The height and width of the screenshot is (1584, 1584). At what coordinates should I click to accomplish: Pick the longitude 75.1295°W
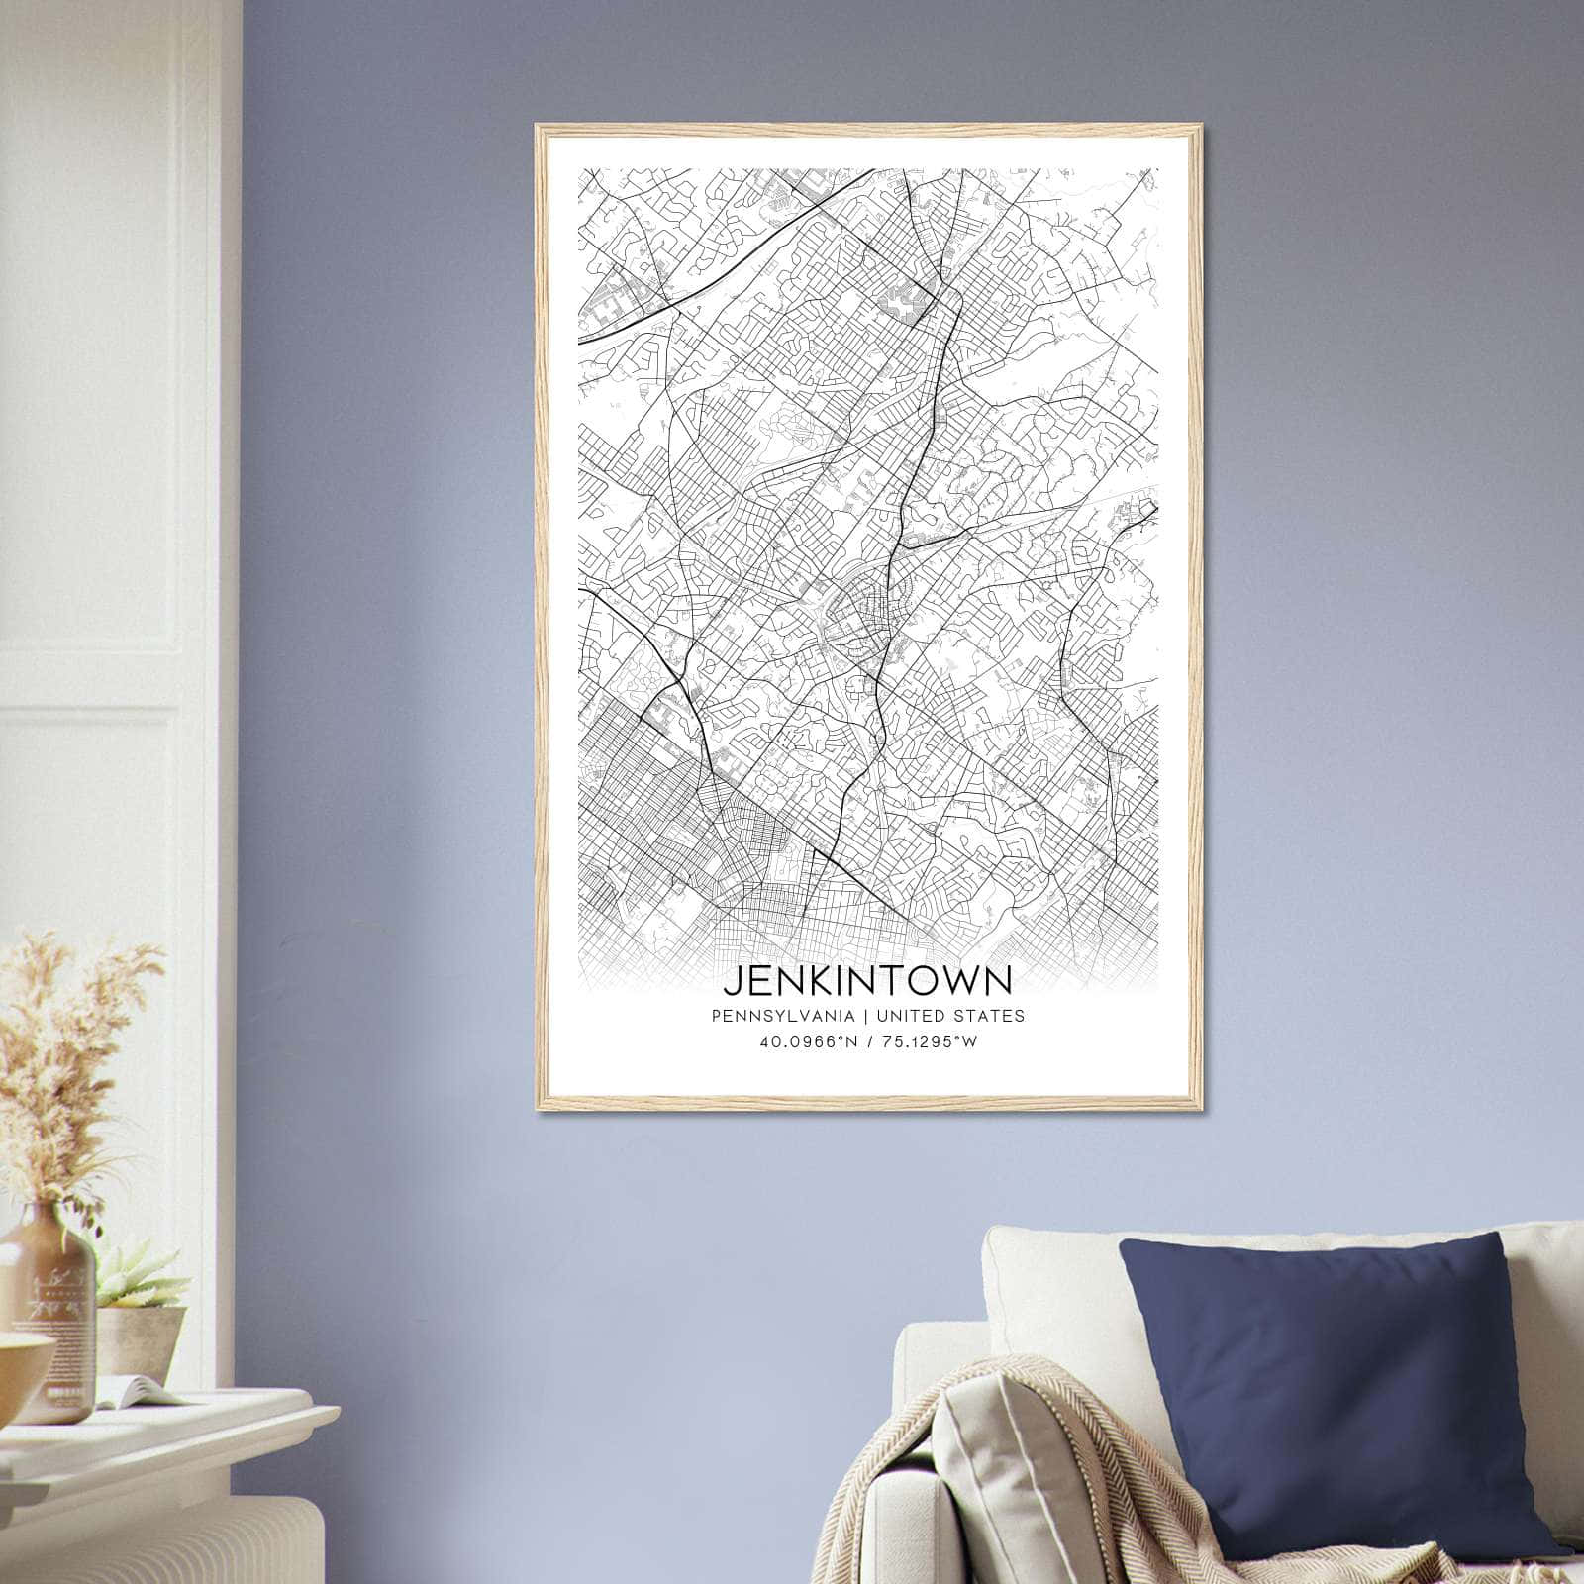[x=931, y=1041]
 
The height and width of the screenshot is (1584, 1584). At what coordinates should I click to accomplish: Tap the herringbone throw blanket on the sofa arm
[x=1000, y=1485]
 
